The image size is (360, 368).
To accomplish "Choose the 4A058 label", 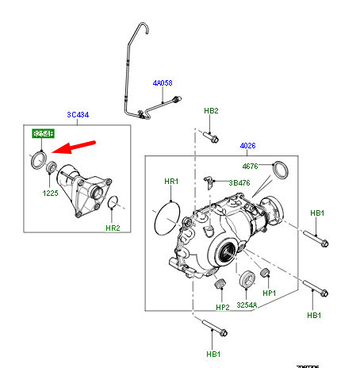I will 163,83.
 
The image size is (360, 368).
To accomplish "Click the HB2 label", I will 211,111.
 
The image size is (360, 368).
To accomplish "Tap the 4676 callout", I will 251,167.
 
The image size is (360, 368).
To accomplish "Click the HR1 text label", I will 172,182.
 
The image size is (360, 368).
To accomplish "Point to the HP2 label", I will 222,306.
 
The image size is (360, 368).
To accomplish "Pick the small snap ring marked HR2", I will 114,203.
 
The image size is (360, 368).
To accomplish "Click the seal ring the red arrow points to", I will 37,160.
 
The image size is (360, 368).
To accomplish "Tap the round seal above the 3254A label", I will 246,278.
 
